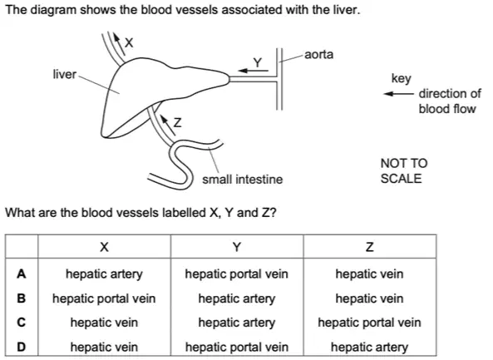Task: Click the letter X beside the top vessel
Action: (x=129, y=42)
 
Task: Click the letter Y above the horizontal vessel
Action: (x=258, y=62)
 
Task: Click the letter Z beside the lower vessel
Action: (x=178, y=122)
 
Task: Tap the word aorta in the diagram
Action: (x=318, y=54)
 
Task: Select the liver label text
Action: (x=65, y=74)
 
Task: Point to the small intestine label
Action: (x=243, y=180)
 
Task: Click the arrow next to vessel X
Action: (x=119, y=42)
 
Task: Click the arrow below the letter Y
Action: (x=254, y=71)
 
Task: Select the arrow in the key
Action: (x=399, y=94)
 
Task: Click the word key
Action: (x=402, y=79)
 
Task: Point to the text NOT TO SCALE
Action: (x=404, y=170)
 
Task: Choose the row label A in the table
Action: (x=21, y=274)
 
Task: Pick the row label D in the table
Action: (x=21, y=347)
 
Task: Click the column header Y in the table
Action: (x=237, y=247)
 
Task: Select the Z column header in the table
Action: (x=370, y=247)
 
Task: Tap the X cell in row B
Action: (x=104, y=298)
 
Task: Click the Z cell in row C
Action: (x=369, y=323)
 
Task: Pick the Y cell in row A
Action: (x=236, y=274)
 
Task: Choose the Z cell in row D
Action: (x=369, y=347)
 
